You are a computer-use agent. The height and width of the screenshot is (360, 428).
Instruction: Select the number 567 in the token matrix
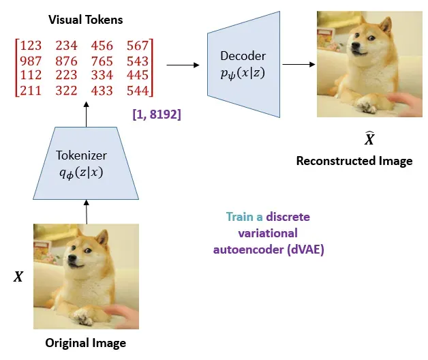139,46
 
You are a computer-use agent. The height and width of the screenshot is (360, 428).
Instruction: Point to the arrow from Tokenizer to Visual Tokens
86,113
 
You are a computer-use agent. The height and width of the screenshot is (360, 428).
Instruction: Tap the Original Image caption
85,342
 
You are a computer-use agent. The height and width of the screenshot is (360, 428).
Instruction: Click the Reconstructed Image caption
354,161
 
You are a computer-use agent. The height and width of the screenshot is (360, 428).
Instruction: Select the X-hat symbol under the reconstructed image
369,138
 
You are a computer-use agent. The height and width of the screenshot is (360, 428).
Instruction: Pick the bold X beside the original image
18,277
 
